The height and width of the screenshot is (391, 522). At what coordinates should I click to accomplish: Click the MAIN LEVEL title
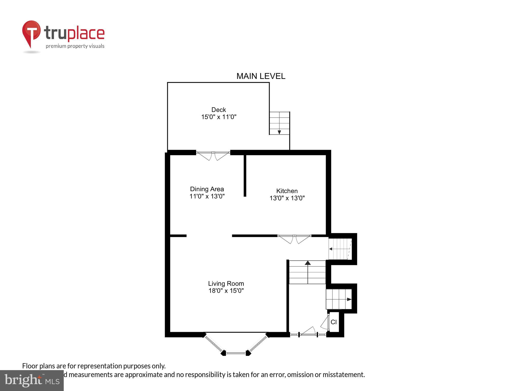pyautogui.click(x=261, y=76)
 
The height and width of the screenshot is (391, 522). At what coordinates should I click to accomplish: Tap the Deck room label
pyautogui.click(x=219, y=110)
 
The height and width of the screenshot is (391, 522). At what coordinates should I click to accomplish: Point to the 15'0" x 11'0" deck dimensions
pyautogui.click(x=219, y=117)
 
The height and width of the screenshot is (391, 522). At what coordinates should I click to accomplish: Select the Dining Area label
pyautogui.click(x=207, y=189)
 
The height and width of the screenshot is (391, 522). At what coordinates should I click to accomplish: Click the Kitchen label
pyautogui.click(x=287, y=191)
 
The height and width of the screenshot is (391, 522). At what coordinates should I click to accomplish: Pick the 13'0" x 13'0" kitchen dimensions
pyautogui.click(x=287, y=198)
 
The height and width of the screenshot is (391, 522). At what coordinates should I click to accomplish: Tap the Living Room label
pyautogui.click(x=226, y=284)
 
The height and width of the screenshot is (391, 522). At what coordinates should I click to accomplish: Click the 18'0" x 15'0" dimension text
pyautogui.click(x=226, y=291)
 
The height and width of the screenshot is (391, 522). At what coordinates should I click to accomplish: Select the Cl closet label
pyautogui.click(x=334, y=322)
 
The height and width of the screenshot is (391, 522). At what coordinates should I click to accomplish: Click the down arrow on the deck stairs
pyautogui.click(x=279, y=132)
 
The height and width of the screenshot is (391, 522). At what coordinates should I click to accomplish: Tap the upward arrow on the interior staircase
pyautogui.click(x=308, y=263)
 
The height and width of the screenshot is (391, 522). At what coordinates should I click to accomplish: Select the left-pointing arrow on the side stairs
pyautogui.click(x=331, y=249)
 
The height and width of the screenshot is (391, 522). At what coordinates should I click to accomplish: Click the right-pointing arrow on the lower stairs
pyautogui.click(x=349, y=299)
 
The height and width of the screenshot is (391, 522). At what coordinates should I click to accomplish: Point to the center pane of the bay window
pyautogui.click(x=236, y=353)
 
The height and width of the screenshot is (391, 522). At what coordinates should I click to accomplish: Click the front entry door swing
pyautogui.click(x=309, y=331)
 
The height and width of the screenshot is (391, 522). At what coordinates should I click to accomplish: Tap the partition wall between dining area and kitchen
pyautogui.click(x=245, y=176)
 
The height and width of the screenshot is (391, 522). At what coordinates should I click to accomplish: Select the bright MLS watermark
pyautogui.click(x=32, y=380)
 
